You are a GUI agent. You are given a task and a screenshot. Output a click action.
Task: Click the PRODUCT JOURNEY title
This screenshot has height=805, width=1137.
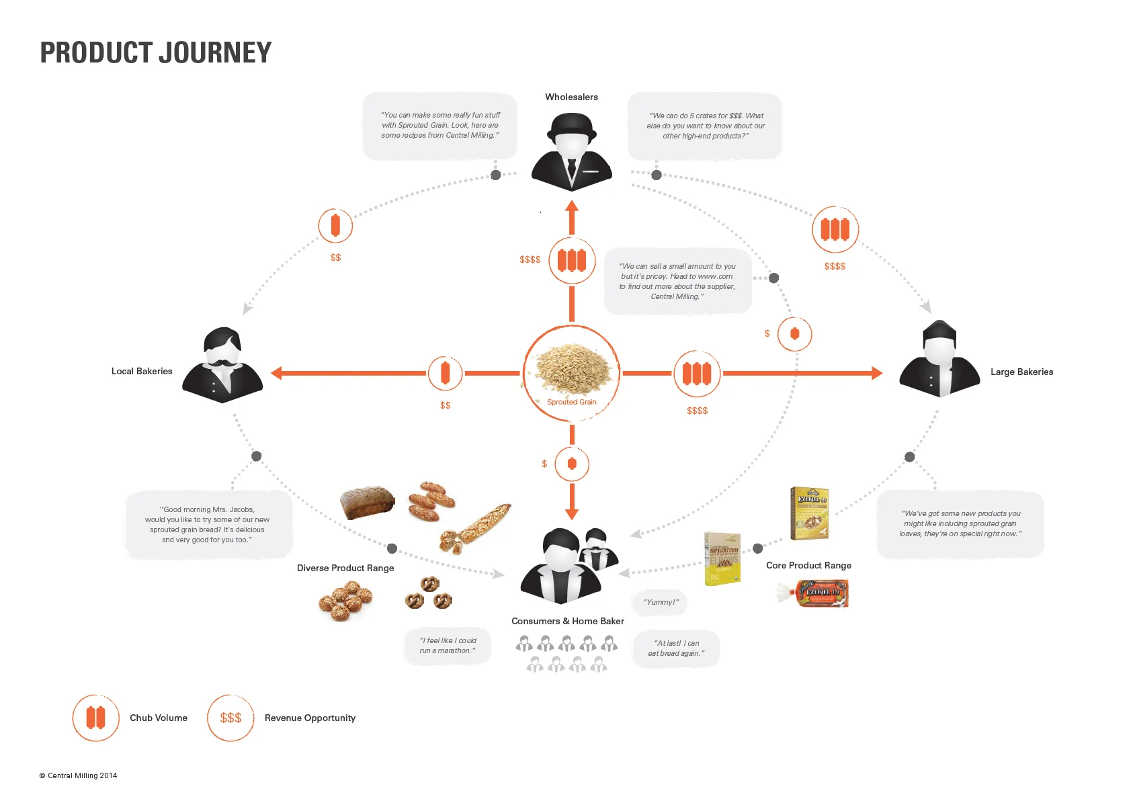tap(156, 52)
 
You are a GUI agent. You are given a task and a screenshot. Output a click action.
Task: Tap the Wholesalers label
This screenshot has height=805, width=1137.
tap(571, 97)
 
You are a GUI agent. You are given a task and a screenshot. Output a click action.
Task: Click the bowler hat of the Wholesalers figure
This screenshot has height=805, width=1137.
tap(571, 124)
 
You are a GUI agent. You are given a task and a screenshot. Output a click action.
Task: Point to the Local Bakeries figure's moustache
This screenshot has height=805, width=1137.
tap(223, 363)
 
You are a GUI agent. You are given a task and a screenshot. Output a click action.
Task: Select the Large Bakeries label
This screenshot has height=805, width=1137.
tap(1021, 372)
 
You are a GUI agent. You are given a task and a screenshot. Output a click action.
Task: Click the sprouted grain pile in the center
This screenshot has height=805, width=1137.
tap(572, 368)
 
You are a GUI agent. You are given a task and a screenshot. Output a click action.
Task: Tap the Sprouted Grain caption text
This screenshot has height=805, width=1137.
tap(572, 402)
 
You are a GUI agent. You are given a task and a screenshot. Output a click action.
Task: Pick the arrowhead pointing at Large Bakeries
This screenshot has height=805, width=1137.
tap(876, 373)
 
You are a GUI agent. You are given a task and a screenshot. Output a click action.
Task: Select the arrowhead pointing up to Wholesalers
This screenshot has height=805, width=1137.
tap(572, 207)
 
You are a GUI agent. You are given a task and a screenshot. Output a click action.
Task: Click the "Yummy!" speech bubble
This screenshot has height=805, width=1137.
tap(661, 602)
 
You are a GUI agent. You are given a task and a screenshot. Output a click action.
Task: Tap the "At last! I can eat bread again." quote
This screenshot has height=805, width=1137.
tap(676, 648)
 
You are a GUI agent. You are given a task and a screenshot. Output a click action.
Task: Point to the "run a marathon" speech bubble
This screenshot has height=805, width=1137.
tap(448, 646)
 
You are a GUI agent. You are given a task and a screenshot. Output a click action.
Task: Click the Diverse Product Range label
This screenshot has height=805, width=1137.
tap(345, 568)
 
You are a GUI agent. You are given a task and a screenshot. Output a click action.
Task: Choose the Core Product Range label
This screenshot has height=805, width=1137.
tap(808, 565)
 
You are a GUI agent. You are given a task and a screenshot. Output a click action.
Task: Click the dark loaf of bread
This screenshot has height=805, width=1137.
tap(366, 502)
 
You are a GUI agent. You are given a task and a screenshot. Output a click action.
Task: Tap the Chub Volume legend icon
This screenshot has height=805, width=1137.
tap(96, 718)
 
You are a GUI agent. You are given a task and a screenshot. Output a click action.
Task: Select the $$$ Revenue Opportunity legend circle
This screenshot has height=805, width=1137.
tap(230, 718)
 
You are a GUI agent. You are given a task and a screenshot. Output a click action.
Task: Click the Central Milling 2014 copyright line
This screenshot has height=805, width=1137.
tap(78, 775)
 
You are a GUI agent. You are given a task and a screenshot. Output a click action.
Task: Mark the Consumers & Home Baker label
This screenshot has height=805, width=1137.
tap(568, 621)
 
